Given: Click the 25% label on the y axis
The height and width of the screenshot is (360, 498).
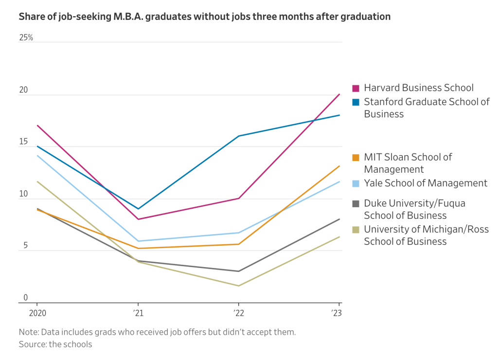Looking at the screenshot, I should pyautogui.click(x=26, y=37).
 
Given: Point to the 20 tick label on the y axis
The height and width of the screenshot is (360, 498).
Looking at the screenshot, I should pyautogui.click(x=23, y=90).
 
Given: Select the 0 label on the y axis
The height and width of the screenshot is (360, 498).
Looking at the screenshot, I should pyautogui.click(x=25, y=298).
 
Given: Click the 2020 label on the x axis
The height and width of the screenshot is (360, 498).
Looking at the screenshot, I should pyautogui.click(x=37, y=313).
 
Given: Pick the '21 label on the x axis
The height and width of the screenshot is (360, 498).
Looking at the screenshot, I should pyautogui.click(x=139, y=313).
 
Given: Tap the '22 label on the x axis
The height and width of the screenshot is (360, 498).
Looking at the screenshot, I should pyautogui.click(x=239, y=313).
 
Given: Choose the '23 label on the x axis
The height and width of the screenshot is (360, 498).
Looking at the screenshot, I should pyautogui.click(x=337, y=313).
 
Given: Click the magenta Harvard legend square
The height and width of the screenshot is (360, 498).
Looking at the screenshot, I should pyautogui.click(x=356, y=88).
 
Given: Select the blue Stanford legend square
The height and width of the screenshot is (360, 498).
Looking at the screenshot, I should pyautogui.click(x=356, y=102).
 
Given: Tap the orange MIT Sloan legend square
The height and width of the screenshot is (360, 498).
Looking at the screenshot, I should pyautogui.click(x=356, y=157).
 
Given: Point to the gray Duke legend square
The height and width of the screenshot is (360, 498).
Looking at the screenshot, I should pyautogui.click(x=356, y=203).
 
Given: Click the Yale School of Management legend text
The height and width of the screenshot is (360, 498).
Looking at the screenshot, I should pyautogui.click(x=426, y=183).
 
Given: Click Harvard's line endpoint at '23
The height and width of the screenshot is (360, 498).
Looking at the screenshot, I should pyautogui.click(x=339, y=94).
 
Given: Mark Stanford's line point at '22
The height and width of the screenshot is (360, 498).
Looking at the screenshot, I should pyautogui.click(x=239, y=136).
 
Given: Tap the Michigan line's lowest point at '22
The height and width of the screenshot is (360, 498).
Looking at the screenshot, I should pyautogui.click(x=239, y=286).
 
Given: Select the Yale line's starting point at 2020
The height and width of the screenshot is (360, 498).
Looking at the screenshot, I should pyautogui.click(x=37, y=155).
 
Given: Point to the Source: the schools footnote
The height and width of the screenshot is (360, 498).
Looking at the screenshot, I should pyautogui.click(x=55, y=344).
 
